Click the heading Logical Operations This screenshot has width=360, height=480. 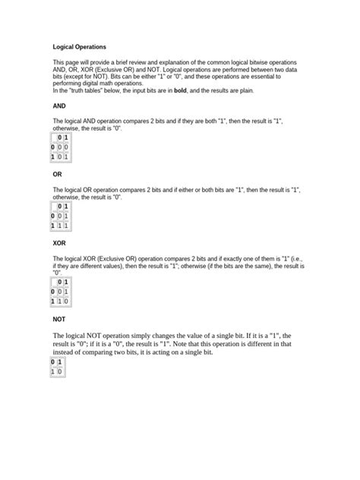coord(79,47)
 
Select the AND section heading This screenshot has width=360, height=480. coord(60,106)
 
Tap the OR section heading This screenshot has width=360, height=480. coord(58,174)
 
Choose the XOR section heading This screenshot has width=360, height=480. coord(60,243)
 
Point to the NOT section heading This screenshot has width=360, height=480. coord(60,320)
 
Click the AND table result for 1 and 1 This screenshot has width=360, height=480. coord(67,157)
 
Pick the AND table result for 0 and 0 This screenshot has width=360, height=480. coord(60,147)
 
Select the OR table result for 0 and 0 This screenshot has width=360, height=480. coord(60,216)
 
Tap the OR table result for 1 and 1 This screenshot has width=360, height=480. coord(67,226)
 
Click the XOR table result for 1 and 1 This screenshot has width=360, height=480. coord(67,302)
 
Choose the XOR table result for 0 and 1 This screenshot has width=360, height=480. coord(67,292)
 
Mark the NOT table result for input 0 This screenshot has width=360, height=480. coord(52,372)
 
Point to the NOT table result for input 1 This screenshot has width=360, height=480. coord(60,372)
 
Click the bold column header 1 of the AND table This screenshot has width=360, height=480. coord(67,137)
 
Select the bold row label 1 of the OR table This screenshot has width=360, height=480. coord(52,226)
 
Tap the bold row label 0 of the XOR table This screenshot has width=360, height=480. coord(52,292)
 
